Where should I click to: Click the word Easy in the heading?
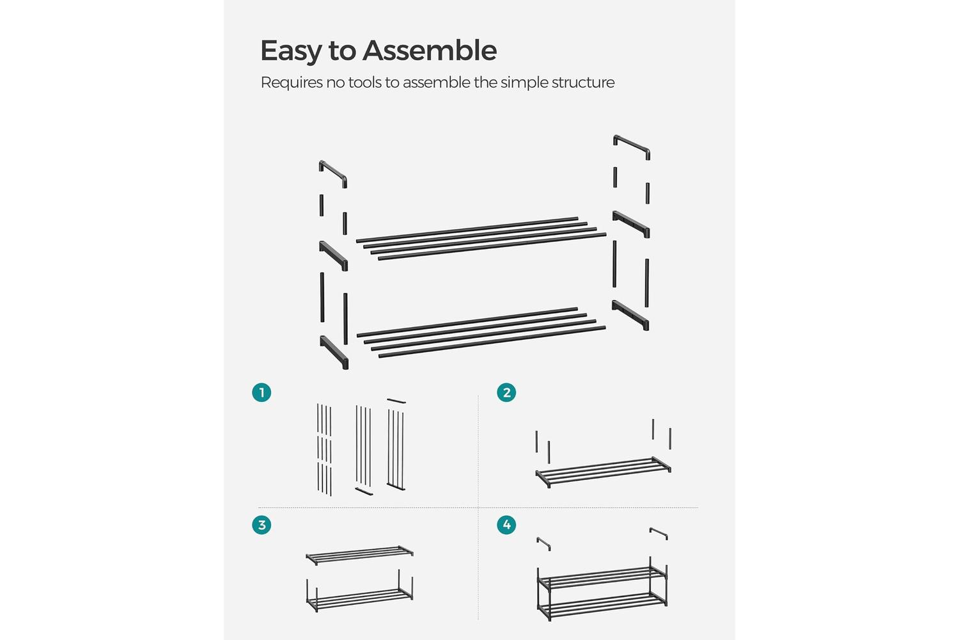click(291, 51)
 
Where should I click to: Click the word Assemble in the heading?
click(430, 50)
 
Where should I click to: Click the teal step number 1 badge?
click(261, 393)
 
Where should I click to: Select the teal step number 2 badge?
click(506, 393)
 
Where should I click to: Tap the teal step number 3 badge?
click(261, 525)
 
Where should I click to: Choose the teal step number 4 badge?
click(506, 525)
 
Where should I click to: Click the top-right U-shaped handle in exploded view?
click(632, 143)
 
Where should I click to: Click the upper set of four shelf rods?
click(481, 239)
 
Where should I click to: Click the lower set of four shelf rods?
click(481, 333)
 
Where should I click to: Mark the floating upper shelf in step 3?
click(359, 555)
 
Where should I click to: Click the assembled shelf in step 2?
click(604, 472)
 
